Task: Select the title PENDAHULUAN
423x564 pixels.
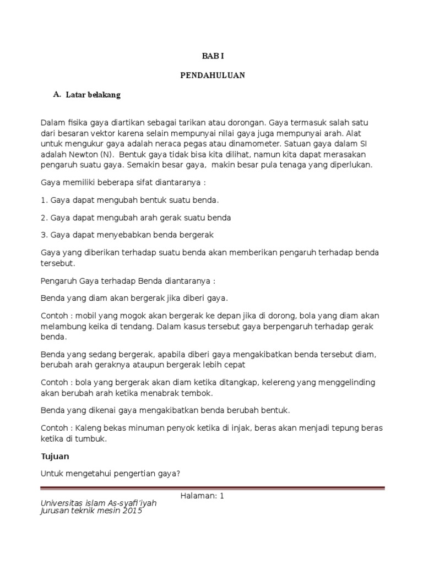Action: (x=213, y=75)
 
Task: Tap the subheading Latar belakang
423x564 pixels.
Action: (x=93, y=95)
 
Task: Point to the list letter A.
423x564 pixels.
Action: (x=56, y=94)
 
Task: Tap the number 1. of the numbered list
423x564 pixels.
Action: (x=45, y=200)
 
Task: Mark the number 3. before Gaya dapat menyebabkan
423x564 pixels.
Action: (x=45, y=235)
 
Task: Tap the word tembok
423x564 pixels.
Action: (x=199, y=393)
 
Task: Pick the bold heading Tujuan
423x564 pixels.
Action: (x=55, y=457)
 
